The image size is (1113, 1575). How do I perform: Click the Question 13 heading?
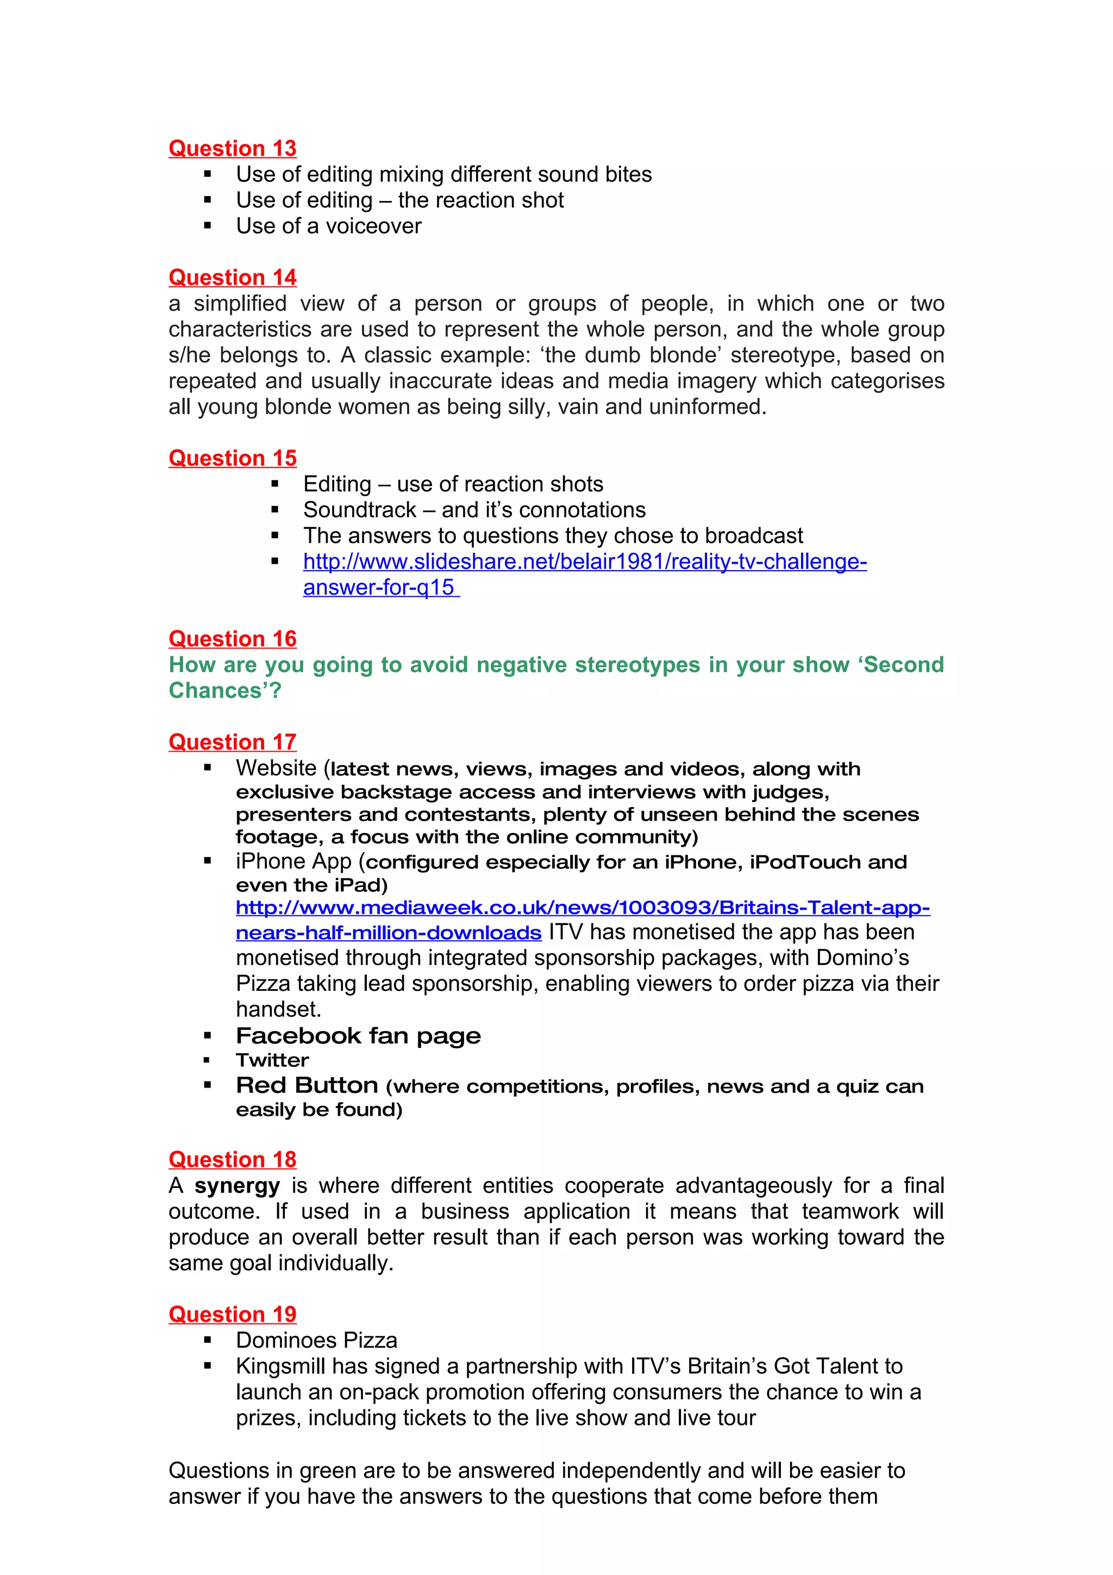point(233,148)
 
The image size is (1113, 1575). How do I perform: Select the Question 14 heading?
point(233,277)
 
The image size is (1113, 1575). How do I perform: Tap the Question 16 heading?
point(233,639)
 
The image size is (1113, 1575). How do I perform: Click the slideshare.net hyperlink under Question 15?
point(584,562)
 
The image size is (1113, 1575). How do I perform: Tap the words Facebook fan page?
point(358,1035)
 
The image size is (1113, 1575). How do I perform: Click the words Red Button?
point(307,1085)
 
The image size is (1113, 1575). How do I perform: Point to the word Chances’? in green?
point(225,690)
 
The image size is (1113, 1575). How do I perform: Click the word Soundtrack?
point(359,510)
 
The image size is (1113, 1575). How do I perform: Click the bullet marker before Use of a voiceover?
point(207,227)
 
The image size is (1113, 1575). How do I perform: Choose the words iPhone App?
point(293,861)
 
